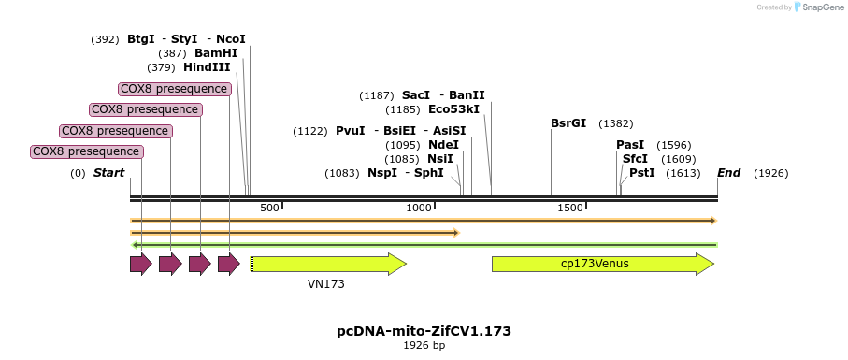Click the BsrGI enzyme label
point(568,123)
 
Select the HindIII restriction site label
point(206,67)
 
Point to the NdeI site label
point(443,145)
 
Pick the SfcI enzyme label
point(635,159)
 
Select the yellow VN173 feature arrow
point(328,264)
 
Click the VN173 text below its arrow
point(326,282)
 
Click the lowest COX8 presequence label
point(87,151)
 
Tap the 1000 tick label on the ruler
point(419,208)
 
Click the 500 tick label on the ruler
point(269,208)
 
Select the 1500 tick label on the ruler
point(569,208)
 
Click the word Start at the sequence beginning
point(108,173)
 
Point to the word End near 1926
point(728,173)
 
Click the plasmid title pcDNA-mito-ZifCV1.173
point(424,331)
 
